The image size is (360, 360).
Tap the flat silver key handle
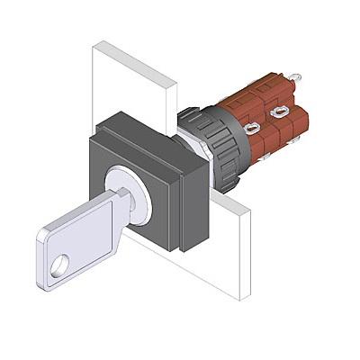coord(76,243)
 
